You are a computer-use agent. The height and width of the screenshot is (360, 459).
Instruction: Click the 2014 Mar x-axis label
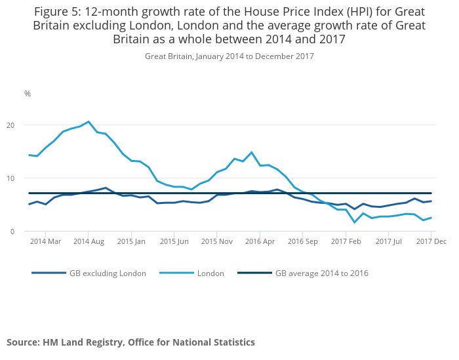click(46, 241)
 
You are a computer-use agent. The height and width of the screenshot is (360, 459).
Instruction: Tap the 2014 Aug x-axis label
click(89, 241)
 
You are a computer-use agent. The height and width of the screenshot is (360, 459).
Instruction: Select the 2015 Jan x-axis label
click(131, 241)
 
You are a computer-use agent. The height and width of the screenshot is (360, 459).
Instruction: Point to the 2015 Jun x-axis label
click(174, 241)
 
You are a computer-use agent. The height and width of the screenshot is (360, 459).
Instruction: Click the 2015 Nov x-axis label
click(217, 241)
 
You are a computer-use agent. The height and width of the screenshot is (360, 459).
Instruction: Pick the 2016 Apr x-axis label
click(260, 241)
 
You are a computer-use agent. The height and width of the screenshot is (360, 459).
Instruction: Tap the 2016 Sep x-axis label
click(302, 241)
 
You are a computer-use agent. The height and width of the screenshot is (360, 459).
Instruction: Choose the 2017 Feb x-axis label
click(346, 241)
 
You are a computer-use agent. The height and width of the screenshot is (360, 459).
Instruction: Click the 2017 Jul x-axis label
click(388, 241)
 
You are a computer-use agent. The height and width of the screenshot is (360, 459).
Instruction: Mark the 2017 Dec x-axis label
click(431, 241)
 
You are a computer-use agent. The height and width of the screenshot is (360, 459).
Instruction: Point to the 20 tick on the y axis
click(28, 125)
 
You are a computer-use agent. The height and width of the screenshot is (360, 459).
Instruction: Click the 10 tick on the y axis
click(28, 178)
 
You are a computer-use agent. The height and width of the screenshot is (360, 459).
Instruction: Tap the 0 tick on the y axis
click(30, 231)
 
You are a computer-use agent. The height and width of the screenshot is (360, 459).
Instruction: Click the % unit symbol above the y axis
click(28, 94)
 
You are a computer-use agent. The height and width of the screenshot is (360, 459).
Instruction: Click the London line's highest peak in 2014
click(89, 121)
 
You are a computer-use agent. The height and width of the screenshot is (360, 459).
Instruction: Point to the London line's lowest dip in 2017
click(355, 222)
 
